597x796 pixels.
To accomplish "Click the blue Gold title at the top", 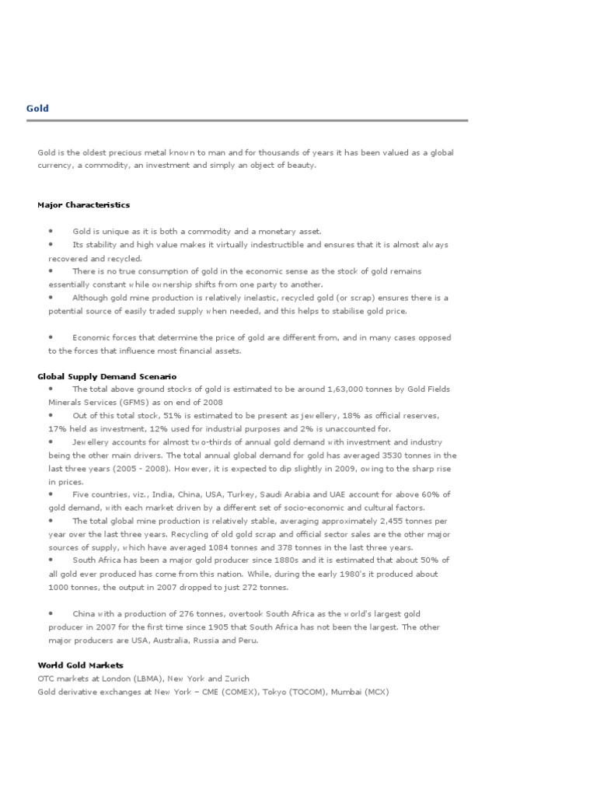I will (x=37, y=109).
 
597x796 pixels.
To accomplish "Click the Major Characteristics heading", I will (x=83, y=205).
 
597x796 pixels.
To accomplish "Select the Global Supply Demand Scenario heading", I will (x=106, y=376).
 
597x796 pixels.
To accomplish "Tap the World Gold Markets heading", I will (x=80, y=665).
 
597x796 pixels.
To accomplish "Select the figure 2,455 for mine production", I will (x=388, y=522).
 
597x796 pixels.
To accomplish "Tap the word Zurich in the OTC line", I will (x=237, y=679).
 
